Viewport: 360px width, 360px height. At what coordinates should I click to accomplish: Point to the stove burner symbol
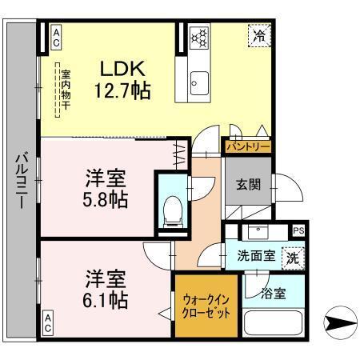pyautogui.click(x=199, y=37)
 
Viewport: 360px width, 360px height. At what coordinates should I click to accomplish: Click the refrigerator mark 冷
pyautogui.click(x=258, y=36)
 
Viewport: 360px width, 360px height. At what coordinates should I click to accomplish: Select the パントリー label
pyautogui.click(x=248, y=147)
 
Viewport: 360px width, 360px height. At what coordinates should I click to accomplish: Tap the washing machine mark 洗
pyautogui.click(x=293, y=258)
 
